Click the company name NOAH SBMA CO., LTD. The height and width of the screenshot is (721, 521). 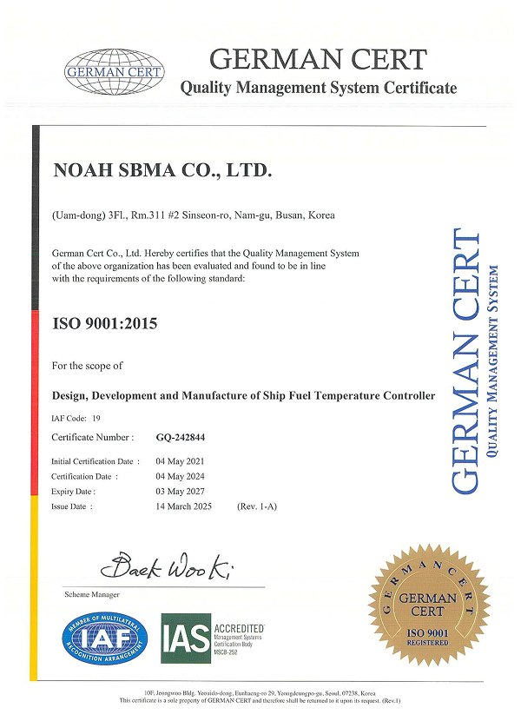(163, 172)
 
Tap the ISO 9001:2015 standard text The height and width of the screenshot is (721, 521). (106, 325)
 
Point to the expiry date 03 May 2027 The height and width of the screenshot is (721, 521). (181, 491)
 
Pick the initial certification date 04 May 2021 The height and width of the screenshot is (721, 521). (181, 461)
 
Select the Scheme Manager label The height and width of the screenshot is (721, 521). (92, 595)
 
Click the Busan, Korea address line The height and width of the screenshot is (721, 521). (194, 215)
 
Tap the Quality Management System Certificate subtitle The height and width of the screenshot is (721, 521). (318, 88)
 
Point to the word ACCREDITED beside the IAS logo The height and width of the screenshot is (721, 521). (239, 627)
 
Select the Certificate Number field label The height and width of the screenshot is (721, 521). (93, 438)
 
